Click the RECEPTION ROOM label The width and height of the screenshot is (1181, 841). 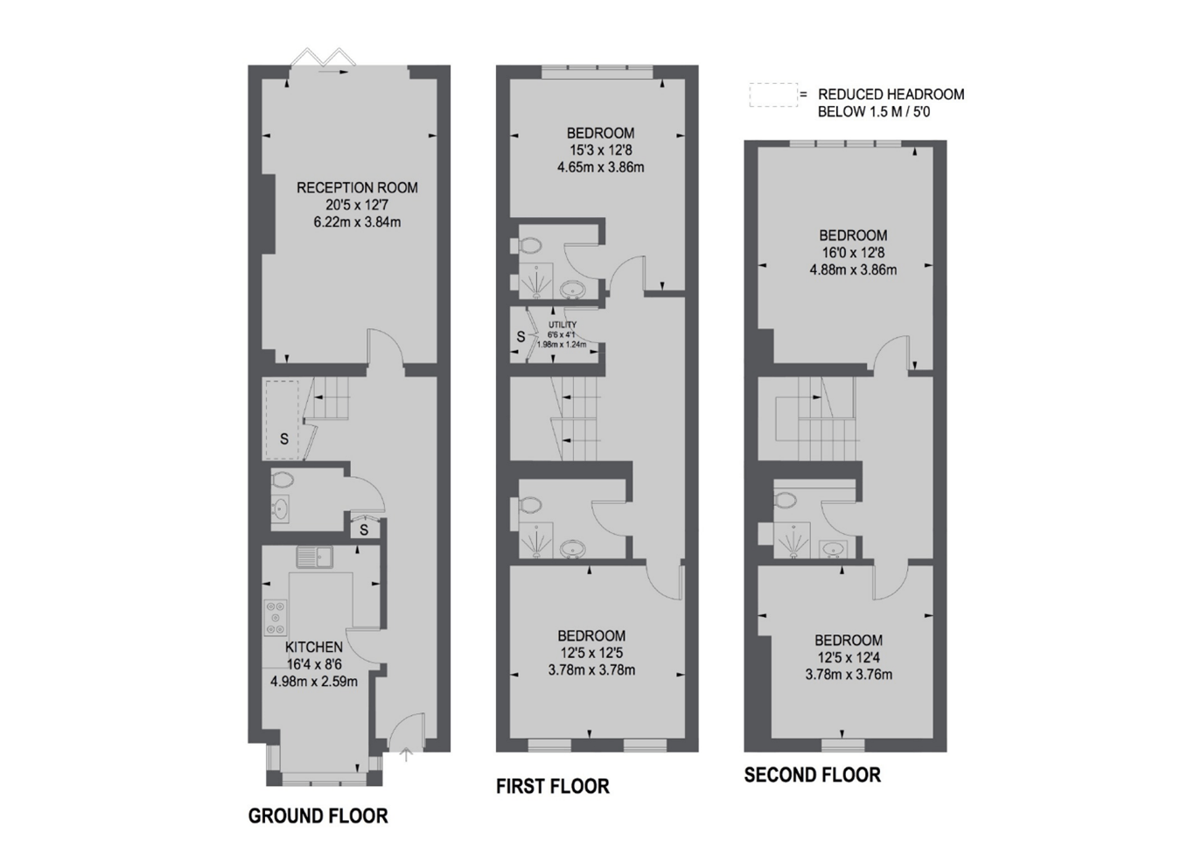tap(357, 187)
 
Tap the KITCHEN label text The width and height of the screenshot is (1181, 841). tap(314, 647)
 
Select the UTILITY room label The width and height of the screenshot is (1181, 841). tap(563, 325)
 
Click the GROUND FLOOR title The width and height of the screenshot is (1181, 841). tap(318, 816)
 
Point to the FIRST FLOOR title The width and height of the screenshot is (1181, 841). tap(552, 786)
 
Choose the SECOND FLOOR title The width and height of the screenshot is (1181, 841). tap(812, 774)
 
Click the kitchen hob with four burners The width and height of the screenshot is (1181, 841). tap(276, 616)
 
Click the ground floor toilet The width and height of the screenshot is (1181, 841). tap(283, 479)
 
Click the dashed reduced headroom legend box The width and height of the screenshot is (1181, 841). tap(772, 95)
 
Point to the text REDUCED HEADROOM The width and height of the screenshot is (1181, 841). tap(891, 95)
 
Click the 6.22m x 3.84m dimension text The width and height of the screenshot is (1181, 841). tap(357, 222)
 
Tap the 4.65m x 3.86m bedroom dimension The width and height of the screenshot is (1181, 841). tap(600, 167)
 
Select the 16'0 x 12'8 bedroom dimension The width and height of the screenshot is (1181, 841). tap(853, 253)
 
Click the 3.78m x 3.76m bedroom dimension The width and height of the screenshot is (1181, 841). tap(849, 675)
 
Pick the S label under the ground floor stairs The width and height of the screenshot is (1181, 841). tap(283, 439)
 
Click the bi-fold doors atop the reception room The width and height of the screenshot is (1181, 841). tap(323, 60)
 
